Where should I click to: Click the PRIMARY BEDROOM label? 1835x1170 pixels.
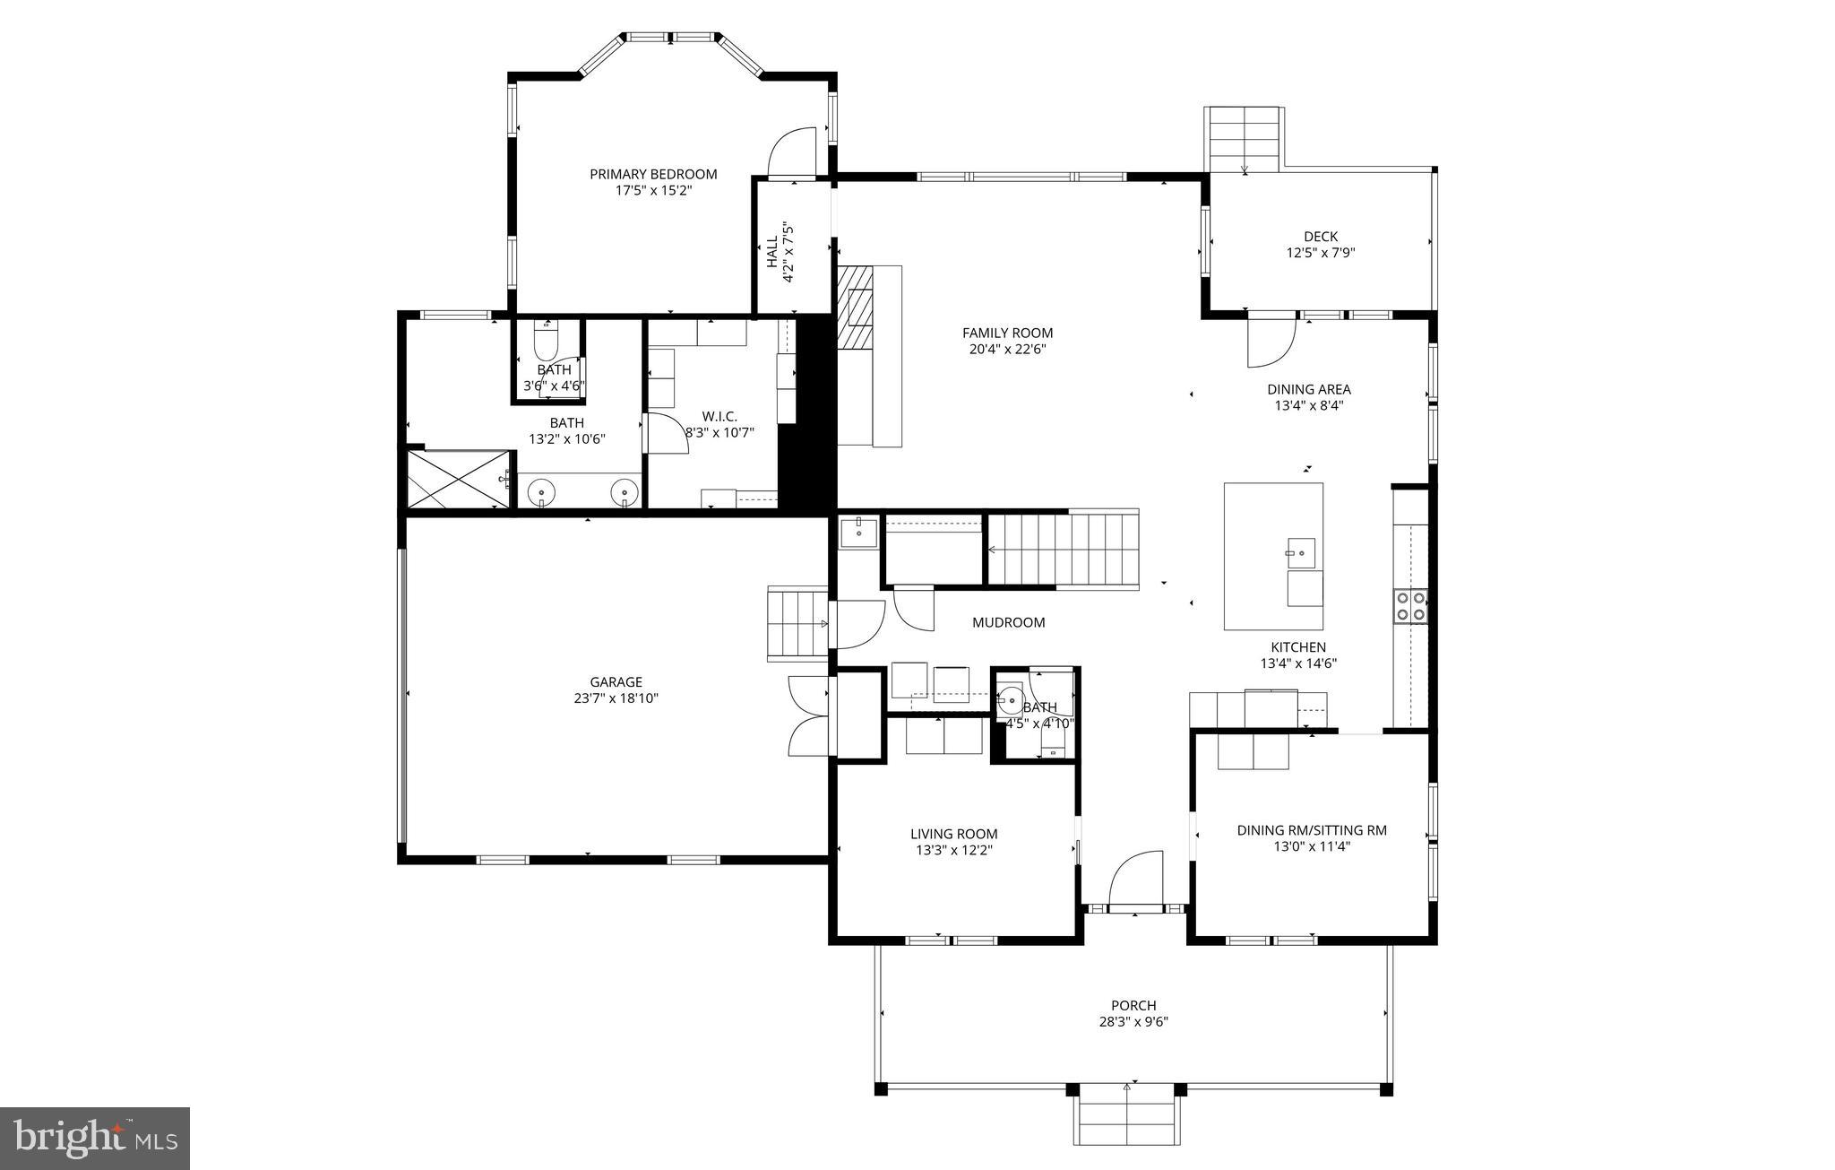click(652, 174)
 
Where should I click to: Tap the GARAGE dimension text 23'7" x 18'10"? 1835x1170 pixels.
click(616, 698)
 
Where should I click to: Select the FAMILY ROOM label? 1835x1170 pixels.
click(1007, 333)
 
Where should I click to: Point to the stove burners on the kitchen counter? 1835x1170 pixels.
click(1409, 605)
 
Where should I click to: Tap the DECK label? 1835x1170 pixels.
click(1320, 237)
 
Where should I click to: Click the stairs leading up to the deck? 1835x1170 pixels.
click(1244, 139)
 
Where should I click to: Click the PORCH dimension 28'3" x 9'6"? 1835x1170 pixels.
click(1133, 1021)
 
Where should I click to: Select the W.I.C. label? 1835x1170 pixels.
click(719, 416)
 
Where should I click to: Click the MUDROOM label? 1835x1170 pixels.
click(1008, 622)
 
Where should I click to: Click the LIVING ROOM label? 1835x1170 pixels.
click(953, 834)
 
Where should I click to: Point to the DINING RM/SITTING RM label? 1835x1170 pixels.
click(1311, 830)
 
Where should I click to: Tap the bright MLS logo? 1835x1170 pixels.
click(95, 1138)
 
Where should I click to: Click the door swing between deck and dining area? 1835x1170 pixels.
click(1271, 342)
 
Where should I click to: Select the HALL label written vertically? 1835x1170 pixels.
click(771, 252)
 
